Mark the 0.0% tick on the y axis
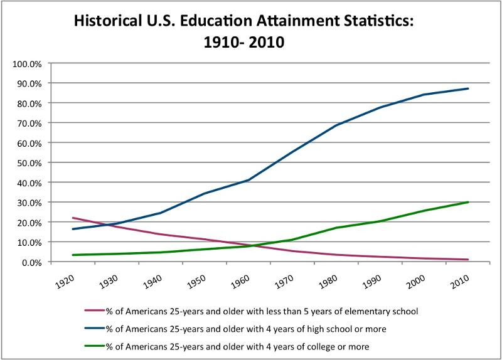tap(31, 262)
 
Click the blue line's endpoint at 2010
tap(468, 88)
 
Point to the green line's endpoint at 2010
tap(468, 202)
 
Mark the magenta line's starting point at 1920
tap(73, 218)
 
